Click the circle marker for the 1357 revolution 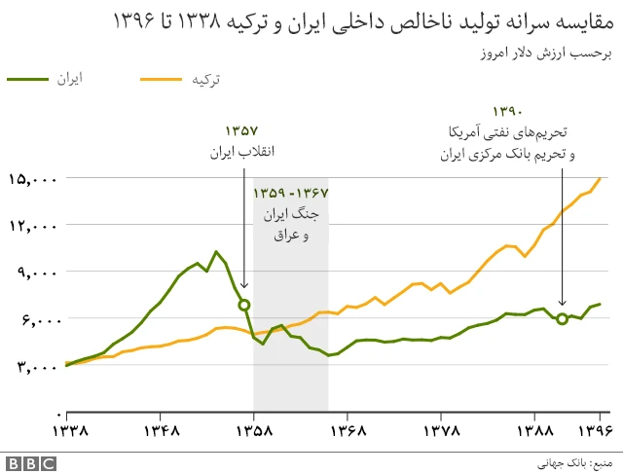pos(244,305)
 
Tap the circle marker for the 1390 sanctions pos(563,319)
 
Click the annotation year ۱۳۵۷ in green pos(242,130)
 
